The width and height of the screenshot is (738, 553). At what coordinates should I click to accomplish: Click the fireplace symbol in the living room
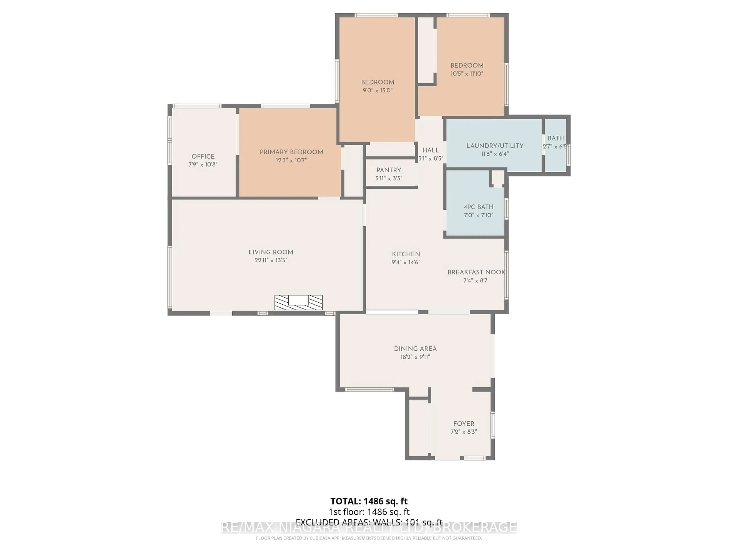click(298, 302)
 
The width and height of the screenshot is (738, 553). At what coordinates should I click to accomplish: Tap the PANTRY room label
click(389, 170)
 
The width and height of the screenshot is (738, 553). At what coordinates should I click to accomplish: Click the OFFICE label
click(203, 156)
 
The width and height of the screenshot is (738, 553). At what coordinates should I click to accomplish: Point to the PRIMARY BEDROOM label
click(291, 152)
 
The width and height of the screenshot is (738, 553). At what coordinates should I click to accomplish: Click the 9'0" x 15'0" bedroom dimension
click(377, 90)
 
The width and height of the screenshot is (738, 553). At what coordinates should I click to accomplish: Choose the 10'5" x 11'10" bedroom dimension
click(467, 74)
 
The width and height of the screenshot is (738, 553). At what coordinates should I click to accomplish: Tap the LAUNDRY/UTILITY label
click(494, 146)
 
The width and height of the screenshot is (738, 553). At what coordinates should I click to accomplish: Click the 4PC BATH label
click(478, 207)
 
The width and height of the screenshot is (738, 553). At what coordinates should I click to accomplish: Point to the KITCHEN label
click(406, 254)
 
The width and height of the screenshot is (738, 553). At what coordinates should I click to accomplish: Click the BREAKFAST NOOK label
click(476, 272)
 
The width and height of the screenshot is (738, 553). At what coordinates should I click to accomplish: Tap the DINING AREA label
click(415, 349)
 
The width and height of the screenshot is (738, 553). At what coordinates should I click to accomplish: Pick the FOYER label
click(463, 424)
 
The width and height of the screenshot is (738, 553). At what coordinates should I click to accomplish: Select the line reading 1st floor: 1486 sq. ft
click(369, 512)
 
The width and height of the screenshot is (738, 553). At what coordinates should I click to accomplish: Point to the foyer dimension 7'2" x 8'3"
click(463, 432)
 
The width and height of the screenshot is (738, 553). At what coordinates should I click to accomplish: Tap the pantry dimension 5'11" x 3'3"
click(389, 178)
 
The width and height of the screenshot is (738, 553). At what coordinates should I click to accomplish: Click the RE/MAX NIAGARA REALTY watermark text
click(369, 527)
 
